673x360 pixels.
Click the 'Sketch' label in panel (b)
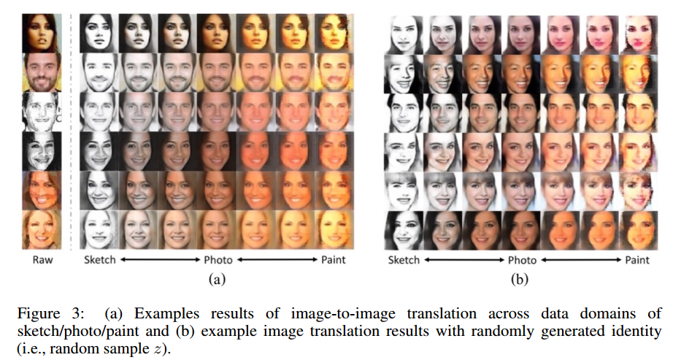(x=404, y=259)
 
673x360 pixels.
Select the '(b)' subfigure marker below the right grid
(x=521, y=277)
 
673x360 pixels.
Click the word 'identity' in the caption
(x=639, y=330)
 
